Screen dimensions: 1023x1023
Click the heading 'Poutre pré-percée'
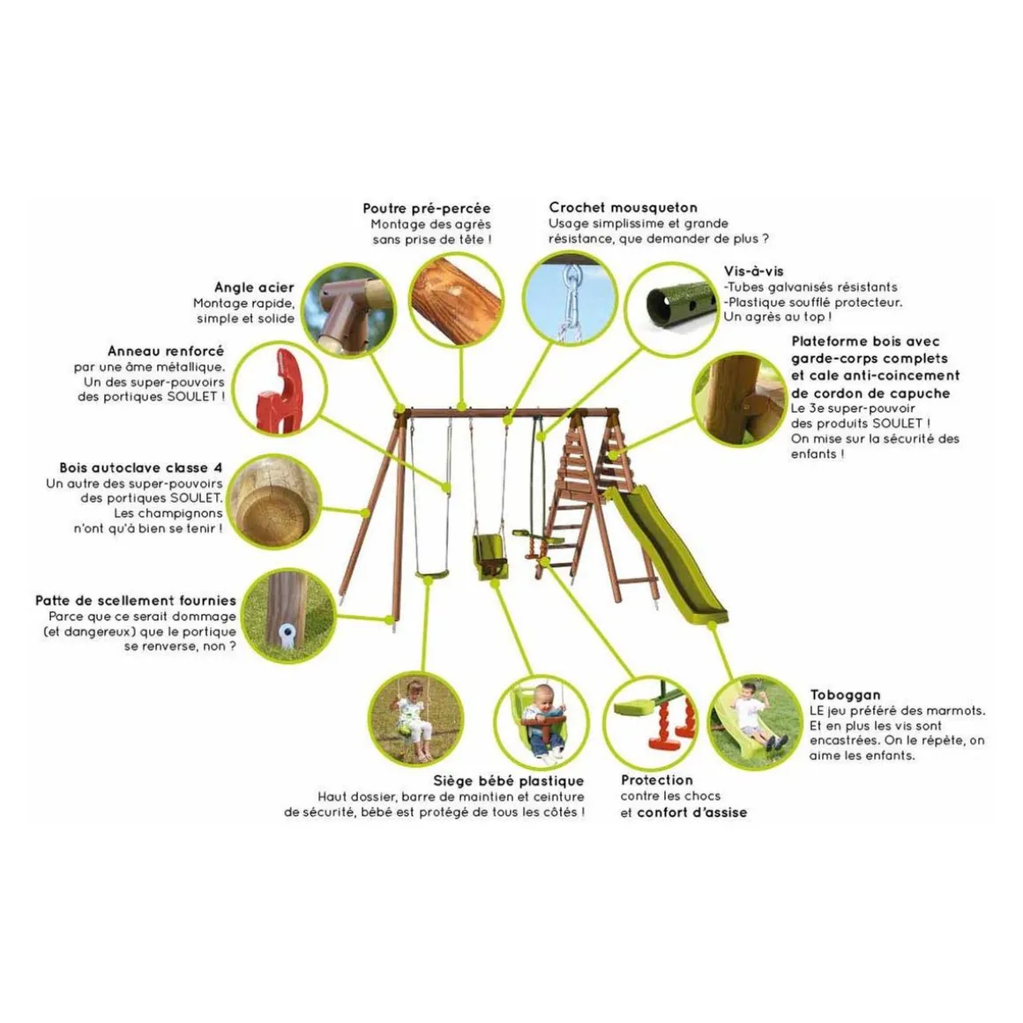tap(427, 209)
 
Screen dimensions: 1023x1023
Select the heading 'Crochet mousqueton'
tap(624, 207)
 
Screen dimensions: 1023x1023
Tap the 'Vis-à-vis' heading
tap(753, 272)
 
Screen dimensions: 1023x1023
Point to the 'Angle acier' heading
tap(255, 287)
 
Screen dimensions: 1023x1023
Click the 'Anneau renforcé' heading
tap(166, 352)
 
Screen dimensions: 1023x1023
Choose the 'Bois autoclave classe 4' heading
tap(141, 467)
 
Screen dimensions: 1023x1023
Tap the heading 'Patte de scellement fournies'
tap(136, 601)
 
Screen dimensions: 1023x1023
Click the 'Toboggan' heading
tap(845, 696)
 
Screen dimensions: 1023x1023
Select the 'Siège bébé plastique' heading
tap(509, 781)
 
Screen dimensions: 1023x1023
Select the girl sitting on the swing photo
tap(412, 719)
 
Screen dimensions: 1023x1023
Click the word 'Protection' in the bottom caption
tap(657, 780)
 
